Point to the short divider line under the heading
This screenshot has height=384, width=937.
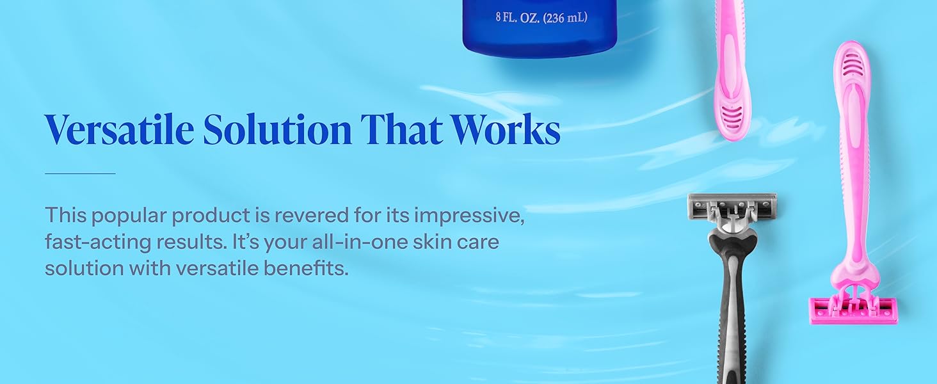[x=80, y=173]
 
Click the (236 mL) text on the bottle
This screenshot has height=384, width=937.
[x=565, y=17]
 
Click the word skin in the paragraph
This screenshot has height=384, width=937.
[x=432, y=242]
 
